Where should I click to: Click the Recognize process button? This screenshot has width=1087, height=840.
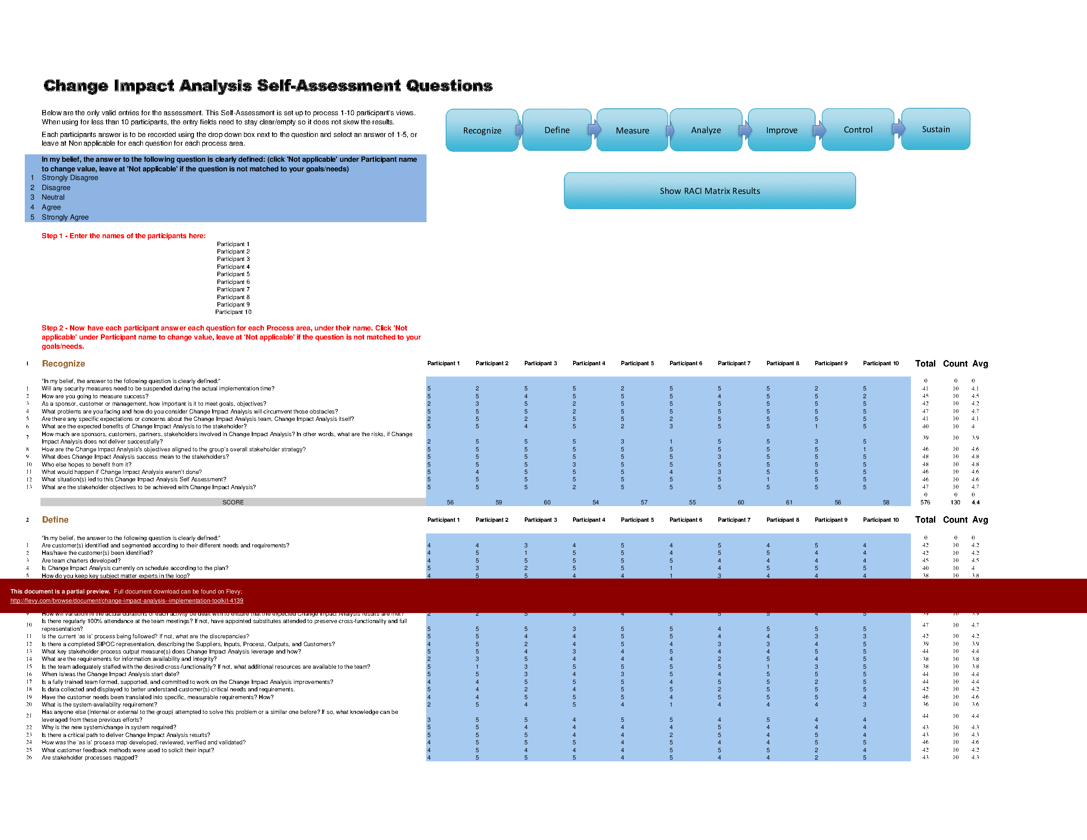point(482,130)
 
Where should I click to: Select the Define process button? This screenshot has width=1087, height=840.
point(557,130)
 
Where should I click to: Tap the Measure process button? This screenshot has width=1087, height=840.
point(632,130)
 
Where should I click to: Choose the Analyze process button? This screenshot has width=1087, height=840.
point(705,130)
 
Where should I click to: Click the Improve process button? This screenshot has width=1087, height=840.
point(781,130)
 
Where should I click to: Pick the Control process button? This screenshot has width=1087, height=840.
point(857,130)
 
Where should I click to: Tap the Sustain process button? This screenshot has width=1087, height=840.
point(935,129)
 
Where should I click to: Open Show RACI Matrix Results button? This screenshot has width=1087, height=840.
point(709,190)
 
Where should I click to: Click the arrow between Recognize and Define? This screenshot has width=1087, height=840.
point(520,130)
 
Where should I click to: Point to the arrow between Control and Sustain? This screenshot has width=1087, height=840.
point(898,128)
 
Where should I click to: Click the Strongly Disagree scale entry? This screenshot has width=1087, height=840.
point(70,178)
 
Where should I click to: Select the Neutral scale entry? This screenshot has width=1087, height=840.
point(53,197)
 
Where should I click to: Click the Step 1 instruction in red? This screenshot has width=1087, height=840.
point(123,236)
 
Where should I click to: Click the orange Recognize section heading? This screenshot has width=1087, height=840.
point(63,364)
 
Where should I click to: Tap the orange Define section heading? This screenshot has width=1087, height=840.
point(55,520)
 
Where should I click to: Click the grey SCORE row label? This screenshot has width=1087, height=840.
point(233,502)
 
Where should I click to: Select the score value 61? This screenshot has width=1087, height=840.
point(789,503)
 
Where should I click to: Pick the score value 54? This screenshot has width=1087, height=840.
point(595,503)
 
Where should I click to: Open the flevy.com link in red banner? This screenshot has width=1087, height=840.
point(127,600)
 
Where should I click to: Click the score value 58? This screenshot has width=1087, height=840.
point(886,503)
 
